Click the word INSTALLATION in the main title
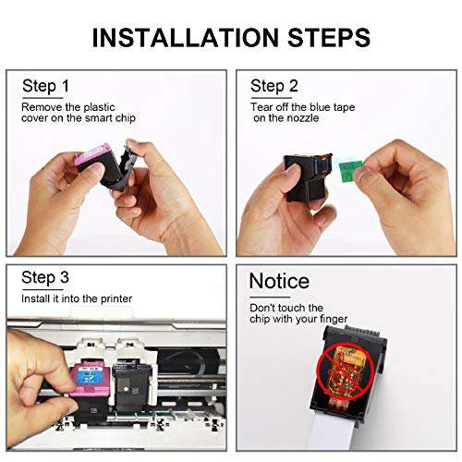(187, 38)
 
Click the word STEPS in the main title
(329, 38)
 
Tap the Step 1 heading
(45, 86)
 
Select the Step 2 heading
(274, 86)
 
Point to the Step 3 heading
(45, 278)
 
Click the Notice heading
(279, 281)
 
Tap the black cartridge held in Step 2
(307, 177)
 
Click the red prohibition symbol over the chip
(346, 371)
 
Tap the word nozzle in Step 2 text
(302, 118)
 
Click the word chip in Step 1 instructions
(125, 118)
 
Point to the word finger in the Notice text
(334, 319)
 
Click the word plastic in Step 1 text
(99, 107)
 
